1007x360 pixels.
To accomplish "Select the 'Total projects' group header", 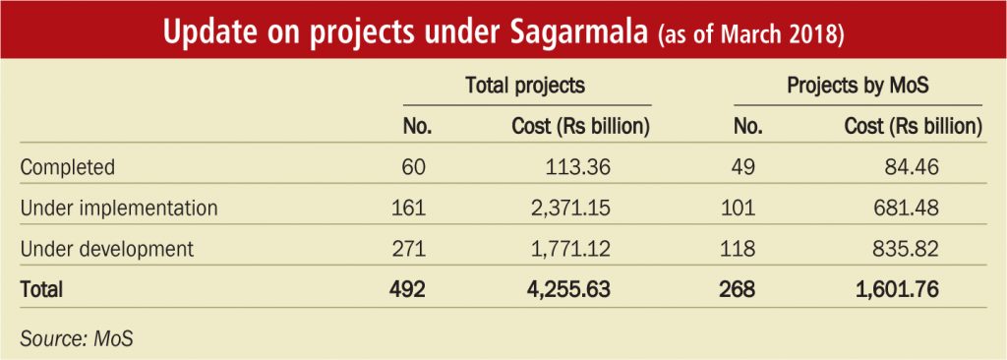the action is tap(525, 87).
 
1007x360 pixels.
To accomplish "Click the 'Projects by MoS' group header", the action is tap(858, 87).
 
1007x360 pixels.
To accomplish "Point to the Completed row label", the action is tap(68, 168).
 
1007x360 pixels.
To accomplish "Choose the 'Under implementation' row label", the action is tap(119, 209).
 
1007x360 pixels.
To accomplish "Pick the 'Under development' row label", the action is tap(106, 249).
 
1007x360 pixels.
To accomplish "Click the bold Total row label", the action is tap(41, 289).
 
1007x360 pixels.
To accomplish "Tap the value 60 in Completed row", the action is tap(414, 168).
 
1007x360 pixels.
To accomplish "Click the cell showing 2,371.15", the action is tap(566, 209).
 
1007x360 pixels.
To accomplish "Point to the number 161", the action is tap(408, 209).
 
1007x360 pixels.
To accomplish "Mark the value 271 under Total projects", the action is tap(408, 249).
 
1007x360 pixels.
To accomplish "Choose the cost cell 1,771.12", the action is tap(566, 249).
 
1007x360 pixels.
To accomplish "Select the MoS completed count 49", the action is tap(743, 168).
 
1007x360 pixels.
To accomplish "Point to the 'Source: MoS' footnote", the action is tap(77, 338).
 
